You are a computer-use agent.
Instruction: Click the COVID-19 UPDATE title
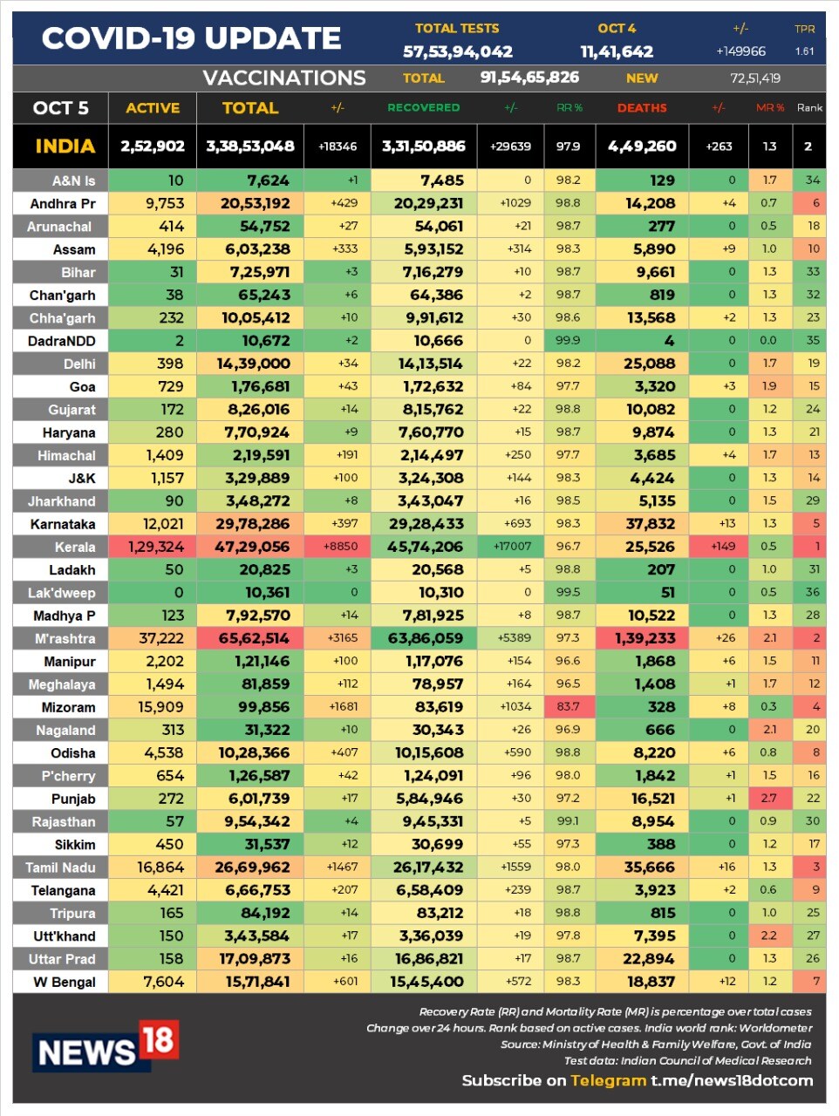pos(191,38)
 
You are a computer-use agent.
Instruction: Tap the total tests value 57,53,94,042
pos(457,52)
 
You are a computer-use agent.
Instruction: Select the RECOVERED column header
pos(423,108)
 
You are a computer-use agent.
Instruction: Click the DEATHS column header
pos(642,108)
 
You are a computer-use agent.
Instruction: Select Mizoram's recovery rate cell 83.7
pos(568,706)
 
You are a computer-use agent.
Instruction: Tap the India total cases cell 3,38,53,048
pos(250,146)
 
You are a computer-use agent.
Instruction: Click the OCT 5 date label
pos(60,108)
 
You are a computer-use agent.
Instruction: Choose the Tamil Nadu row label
pos(60,868)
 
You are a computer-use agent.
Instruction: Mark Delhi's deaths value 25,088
pos(650,364)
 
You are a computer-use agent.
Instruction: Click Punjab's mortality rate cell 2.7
pos(768,798)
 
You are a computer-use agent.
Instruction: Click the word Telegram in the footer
pos(608,1080)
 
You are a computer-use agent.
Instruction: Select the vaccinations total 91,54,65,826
pos(529,78)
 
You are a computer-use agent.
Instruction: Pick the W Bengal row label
pos(65,982)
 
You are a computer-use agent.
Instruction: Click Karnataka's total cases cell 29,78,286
pos(253,524)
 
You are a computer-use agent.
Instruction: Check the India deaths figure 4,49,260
pos(642,146)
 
